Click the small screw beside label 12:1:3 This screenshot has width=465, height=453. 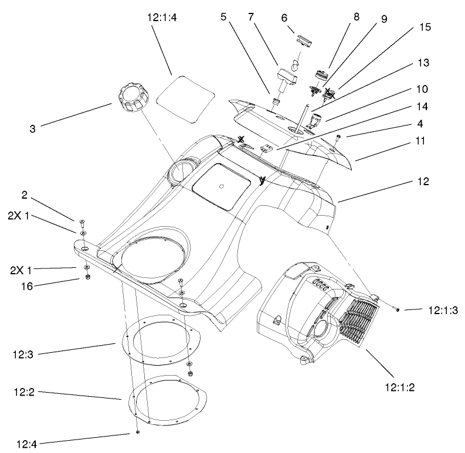point(398,308)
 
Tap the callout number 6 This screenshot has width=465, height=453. point(284,18)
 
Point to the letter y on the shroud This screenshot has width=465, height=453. point(262,181)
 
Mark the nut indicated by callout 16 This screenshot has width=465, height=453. point(87,277)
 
